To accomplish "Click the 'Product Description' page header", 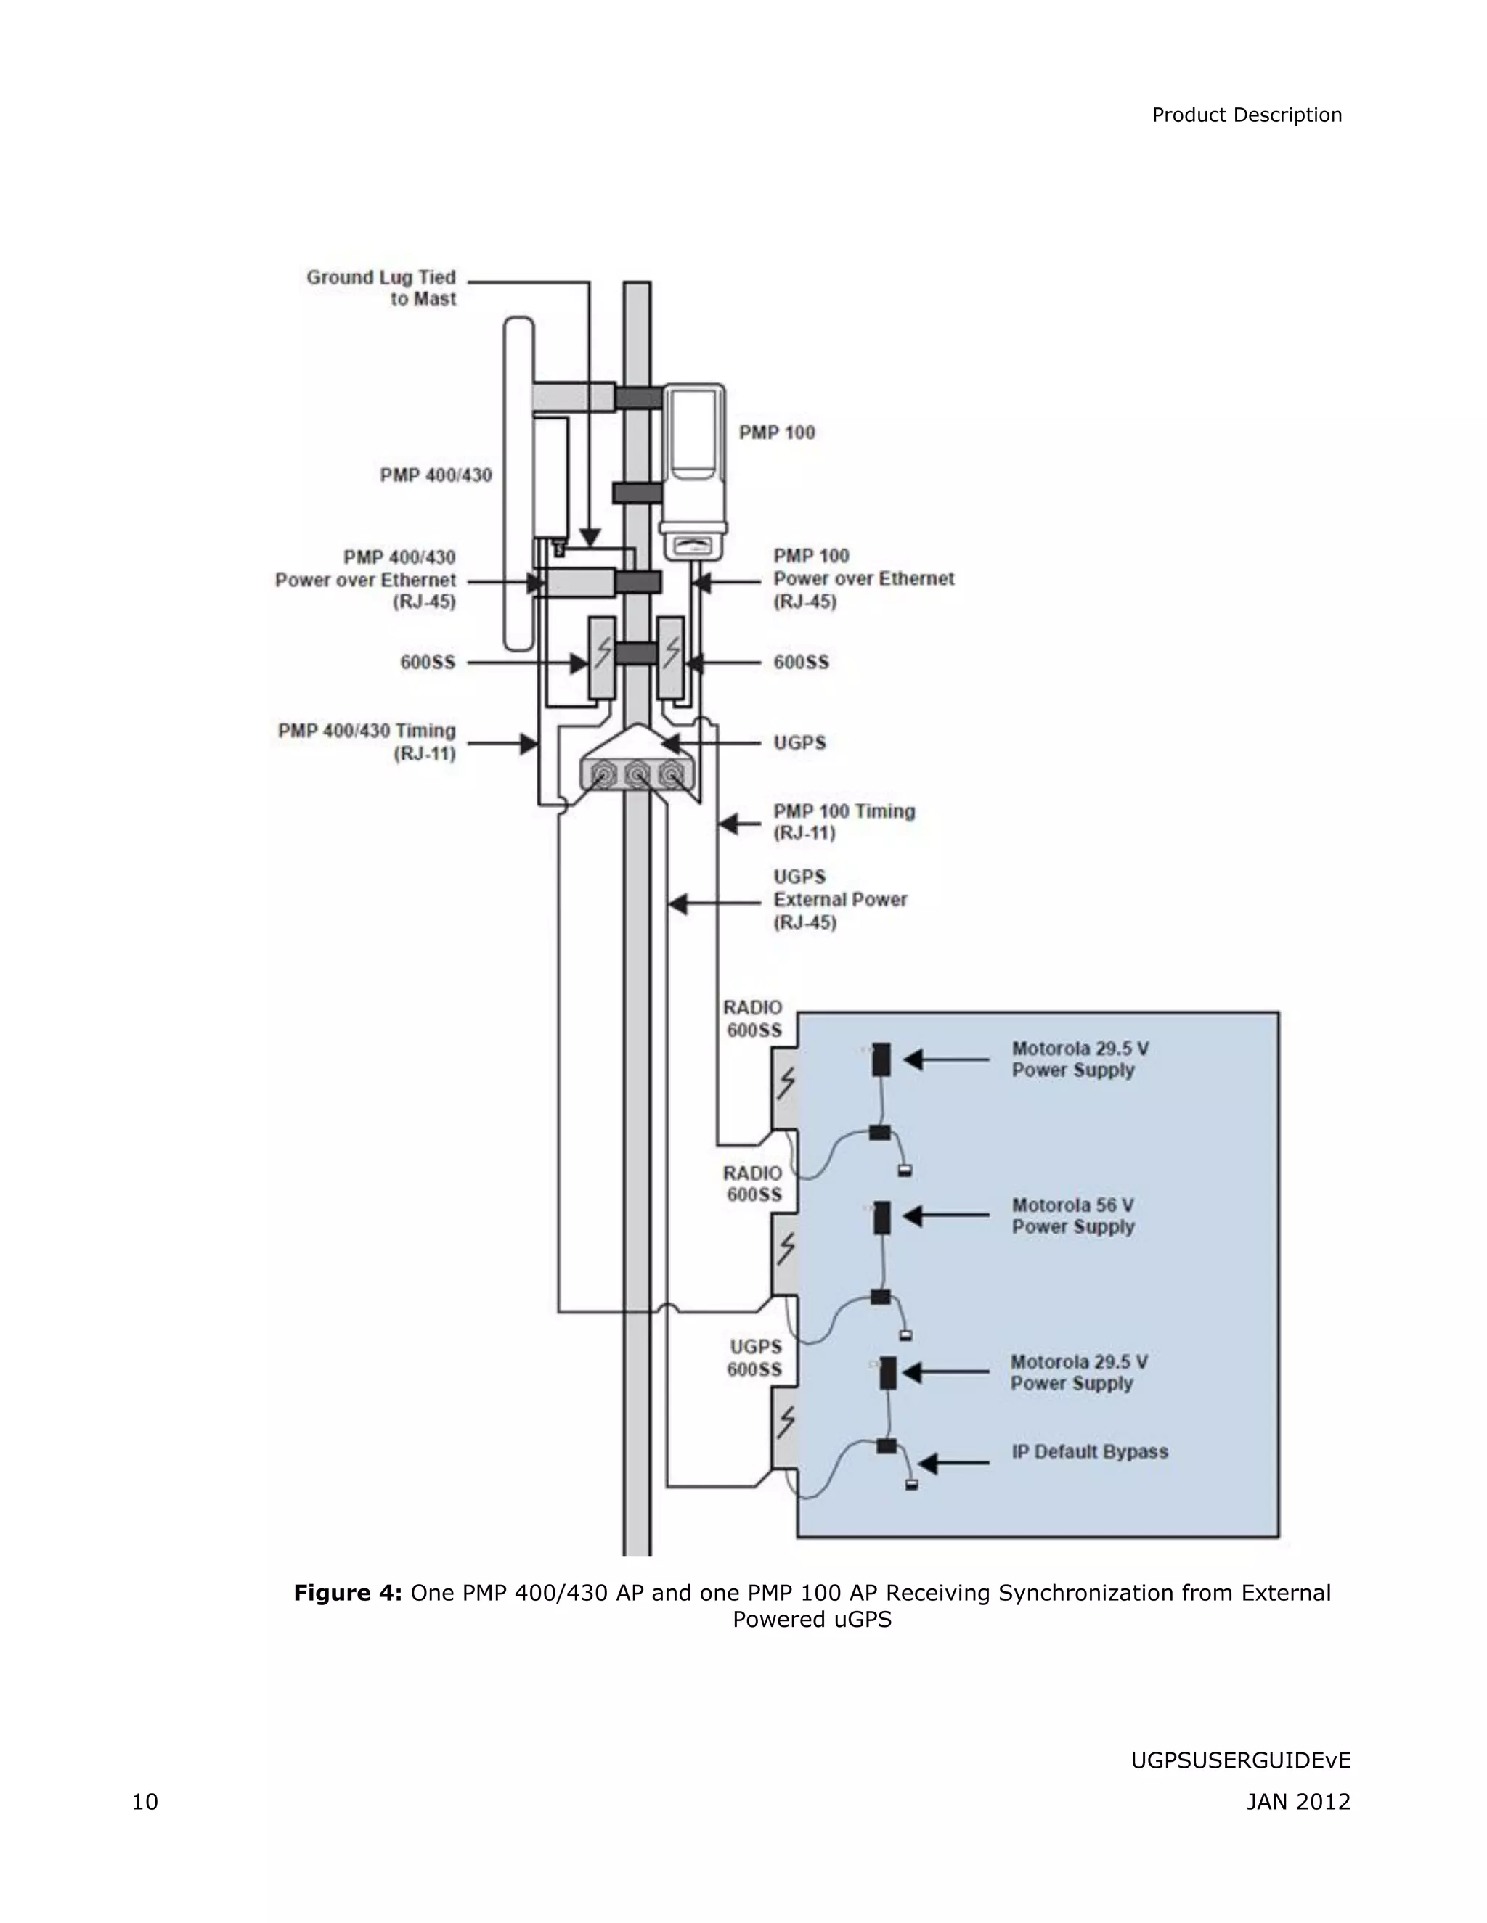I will [1246, 115].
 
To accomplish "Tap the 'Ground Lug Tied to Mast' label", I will [381, 288].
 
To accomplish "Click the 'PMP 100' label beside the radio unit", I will [776, 432].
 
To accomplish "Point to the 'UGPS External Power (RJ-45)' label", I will [839, 899].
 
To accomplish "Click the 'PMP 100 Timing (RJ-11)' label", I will [843, 821].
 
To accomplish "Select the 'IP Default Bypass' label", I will [1089, 1452].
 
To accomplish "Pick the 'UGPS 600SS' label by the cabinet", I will [754, 1358].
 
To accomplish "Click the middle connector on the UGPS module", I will [637, 776].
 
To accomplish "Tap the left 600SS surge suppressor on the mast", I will [602, 657].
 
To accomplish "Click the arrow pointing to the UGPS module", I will [709, 743].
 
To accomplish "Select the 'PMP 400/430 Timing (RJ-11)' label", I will [367, 742].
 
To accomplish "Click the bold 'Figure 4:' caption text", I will [347, 1593].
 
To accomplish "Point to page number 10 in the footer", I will [144, 1802].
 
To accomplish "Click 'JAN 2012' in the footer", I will [1297, 1802].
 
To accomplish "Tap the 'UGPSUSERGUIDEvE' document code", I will [1239, 1760].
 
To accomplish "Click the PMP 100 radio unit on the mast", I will [693, 471].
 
